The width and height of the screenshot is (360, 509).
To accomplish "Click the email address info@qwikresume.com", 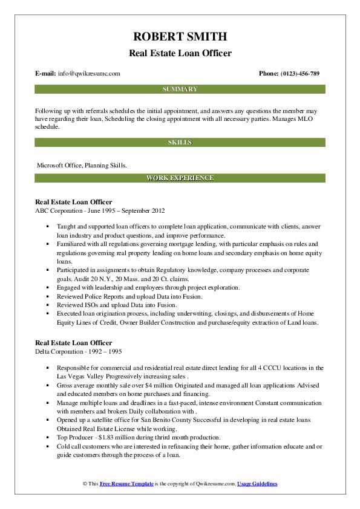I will coord(90,73).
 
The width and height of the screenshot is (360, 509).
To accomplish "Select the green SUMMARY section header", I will coord(180,89).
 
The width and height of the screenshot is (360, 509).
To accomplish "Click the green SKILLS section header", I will coord(180,142).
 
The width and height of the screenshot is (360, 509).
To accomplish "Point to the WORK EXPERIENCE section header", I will coord(180,178).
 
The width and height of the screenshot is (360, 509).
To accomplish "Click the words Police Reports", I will coord(102,297).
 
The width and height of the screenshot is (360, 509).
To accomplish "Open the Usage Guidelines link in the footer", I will coord(257,484).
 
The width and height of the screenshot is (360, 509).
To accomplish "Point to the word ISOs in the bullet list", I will coord(91,305).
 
